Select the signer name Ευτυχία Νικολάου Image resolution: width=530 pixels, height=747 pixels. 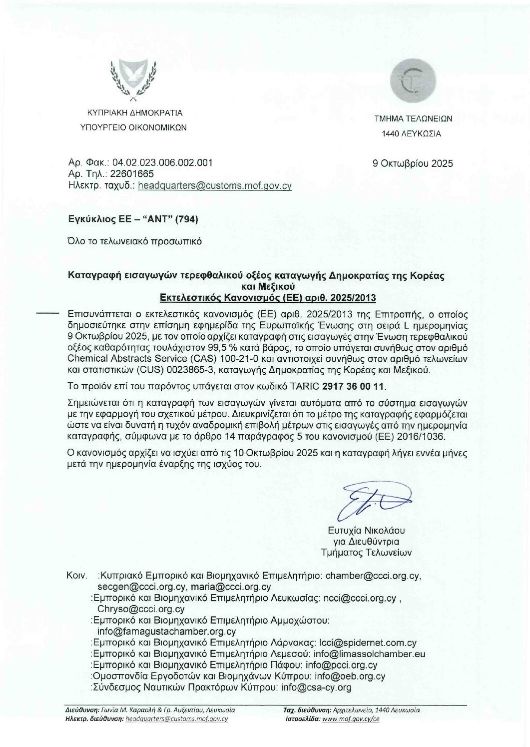[366, 530]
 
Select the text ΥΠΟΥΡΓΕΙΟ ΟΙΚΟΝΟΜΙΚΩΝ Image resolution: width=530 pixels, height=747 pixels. [134, 127]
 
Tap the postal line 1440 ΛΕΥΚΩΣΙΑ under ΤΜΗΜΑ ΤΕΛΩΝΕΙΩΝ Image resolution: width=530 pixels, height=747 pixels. [411, 133]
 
